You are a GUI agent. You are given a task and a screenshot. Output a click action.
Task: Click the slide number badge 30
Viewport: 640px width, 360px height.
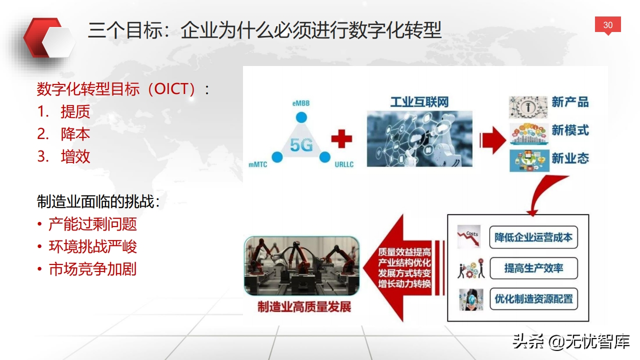click(x=607, y=25)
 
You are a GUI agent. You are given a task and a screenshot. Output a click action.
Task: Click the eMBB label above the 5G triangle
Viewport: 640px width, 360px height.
click(x=301, y=103)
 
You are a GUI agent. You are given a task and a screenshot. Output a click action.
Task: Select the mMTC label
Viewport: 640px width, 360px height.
click(x=257, y=164)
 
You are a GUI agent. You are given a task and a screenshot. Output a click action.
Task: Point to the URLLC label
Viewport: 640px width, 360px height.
click(x=344, y=164)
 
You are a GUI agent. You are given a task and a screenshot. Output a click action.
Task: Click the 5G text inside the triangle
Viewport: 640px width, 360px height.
click(x=301, y=145)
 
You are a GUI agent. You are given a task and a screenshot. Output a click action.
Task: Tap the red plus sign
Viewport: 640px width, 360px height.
click(x=341, y=139)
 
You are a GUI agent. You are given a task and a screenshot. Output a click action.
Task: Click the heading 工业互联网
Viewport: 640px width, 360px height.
click(x=419, y=102)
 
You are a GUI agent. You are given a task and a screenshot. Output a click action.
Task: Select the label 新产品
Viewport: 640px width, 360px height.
click(x=570, y=102)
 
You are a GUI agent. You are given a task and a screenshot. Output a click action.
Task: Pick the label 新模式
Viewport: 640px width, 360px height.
click(x=570, y=130)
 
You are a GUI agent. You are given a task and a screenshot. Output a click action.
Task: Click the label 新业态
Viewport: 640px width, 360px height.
click(x=570, y=158)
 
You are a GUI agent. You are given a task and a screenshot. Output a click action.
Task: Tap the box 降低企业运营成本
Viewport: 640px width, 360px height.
click(x=533, y=237)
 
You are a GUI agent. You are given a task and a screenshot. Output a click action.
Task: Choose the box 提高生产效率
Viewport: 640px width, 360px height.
click(x=533, y=268)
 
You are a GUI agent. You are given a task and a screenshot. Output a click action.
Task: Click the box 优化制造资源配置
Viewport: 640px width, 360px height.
click(x=533, y=299)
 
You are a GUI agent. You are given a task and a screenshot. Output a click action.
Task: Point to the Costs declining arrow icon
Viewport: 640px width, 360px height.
click(x=469, y=237)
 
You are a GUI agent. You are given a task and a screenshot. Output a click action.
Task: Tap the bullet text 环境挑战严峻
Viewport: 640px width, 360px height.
click(x=93, y=246)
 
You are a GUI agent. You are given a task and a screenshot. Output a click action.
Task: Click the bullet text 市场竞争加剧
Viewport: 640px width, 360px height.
click(x=93, y=269)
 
